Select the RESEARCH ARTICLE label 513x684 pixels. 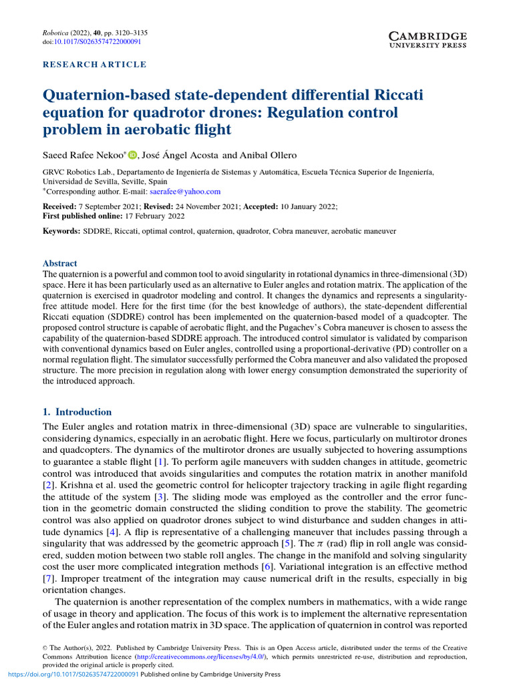[94, 65]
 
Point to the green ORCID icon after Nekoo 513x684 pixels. [132, 155]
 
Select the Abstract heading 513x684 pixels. [60, 263]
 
